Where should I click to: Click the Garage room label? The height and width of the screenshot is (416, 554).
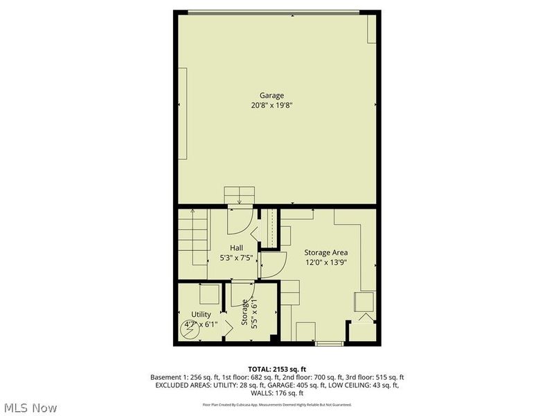click(x=271, y=96)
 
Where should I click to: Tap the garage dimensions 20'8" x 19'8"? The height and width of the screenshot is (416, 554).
click(x=271, y=106)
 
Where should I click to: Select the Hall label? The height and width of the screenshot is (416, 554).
click(x=237, y=247)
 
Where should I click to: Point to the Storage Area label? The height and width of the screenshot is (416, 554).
click(x=325, y=252)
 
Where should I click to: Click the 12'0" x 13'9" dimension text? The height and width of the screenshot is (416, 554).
click(x=325, y=263)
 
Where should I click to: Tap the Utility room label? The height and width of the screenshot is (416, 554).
click(x=192, y=315)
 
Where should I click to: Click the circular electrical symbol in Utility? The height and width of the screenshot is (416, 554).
click(x=188, y=329)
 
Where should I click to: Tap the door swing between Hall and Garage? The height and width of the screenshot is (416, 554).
click(x=238, y=220)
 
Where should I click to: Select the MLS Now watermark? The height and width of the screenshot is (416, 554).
click(x=30, y=408)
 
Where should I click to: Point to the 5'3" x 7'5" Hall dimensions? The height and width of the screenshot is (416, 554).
click(x=237, y=257)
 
